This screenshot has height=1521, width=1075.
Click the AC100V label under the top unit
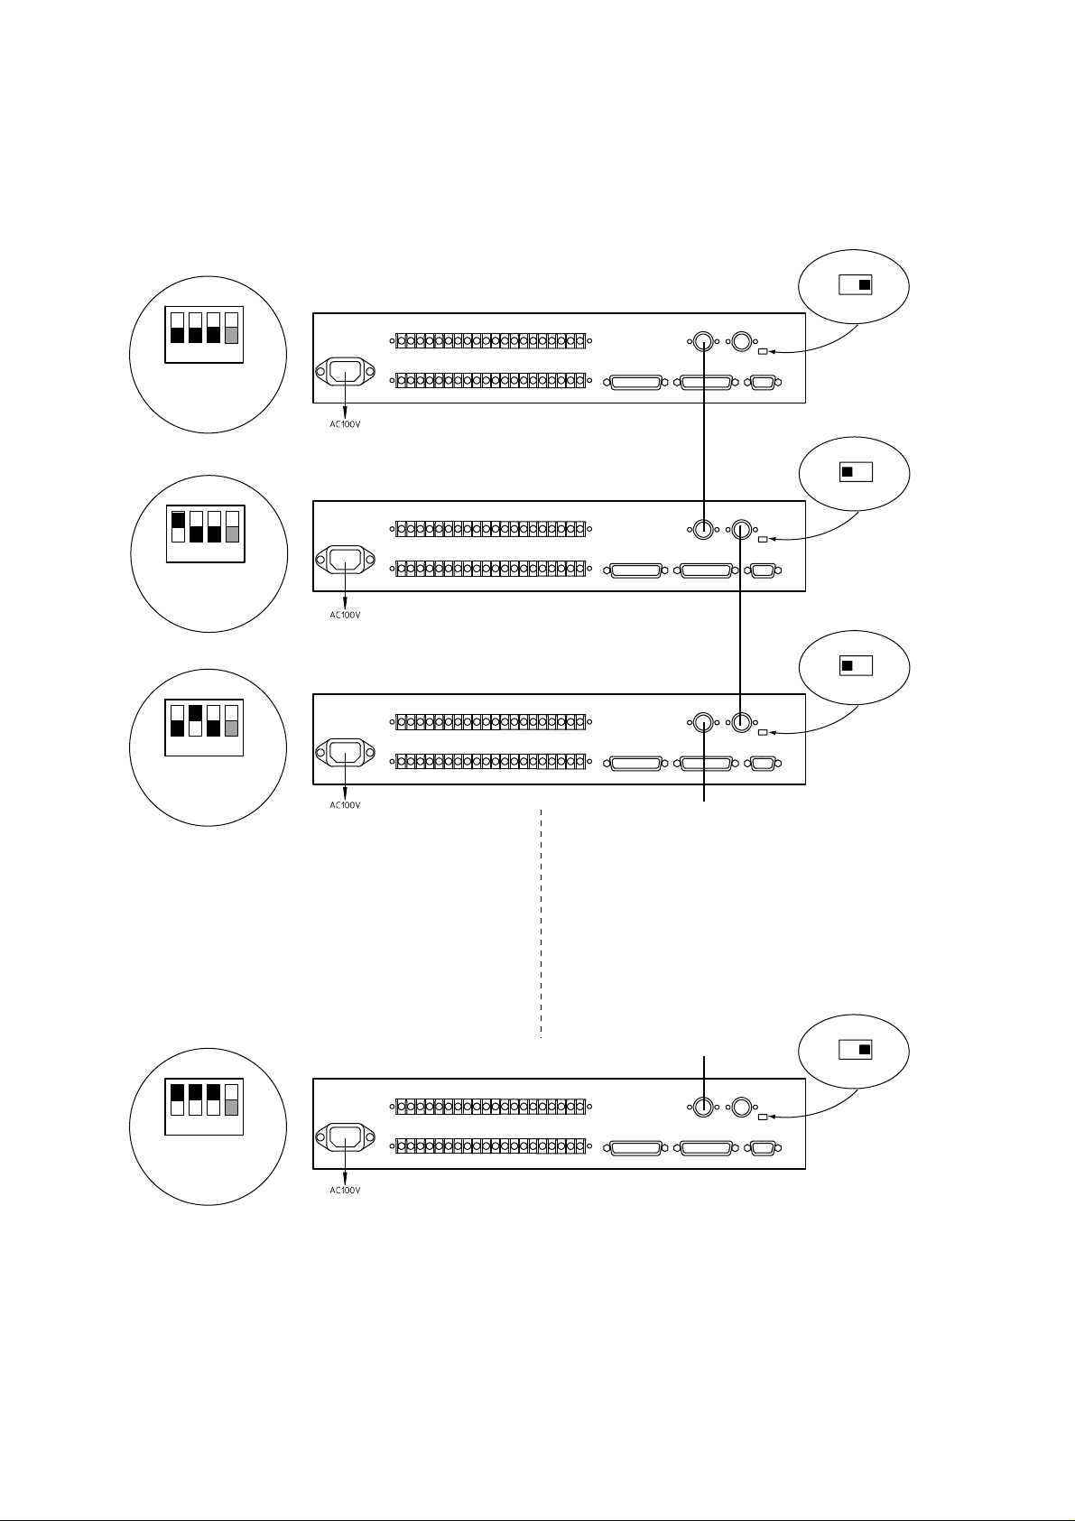point(345,424)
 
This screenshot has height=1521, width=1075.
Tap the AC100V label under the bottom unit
point(345,1191)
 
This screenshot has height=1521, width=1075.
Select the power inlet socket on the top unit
point(345,371)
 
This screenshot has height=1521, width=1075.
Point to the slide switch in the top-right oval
point(855,284)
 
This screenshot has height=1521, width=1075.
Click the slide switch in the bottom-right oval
point(855,1050)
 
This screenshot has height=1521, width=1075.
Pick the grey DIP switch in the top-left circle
point(232,328)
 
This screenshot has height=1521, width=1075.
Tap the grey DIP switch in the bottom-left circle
point(232,1100)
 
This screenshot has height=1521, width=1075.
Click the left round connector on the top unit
point(703,341)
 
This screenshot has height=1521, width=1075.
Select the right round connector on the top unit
point(741,341)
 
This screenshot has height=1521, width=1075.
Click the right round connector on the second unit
point(741,529)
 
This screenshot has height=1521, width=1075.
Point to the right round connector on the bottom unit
point(741,1108)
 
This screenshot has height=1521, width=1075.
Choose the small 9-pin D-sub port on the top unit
point(763,383)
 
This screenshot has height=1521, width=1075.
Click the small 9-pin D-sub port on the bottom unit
point(763,1149)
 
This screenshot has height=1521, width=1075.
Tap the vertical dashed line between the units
point(542,923)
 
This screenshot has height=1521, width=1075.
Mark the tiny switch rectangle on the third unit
point(763,733)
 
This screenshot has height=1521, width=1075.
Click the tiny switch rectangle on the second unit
point(763,539)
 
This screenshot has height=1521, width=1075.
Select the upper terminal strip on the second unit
point(490,529)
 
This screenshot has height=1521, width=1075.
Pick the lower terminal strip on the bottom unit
point(490,1147)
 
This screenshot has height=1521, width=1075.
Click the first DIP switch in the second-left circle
point(178,527)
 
